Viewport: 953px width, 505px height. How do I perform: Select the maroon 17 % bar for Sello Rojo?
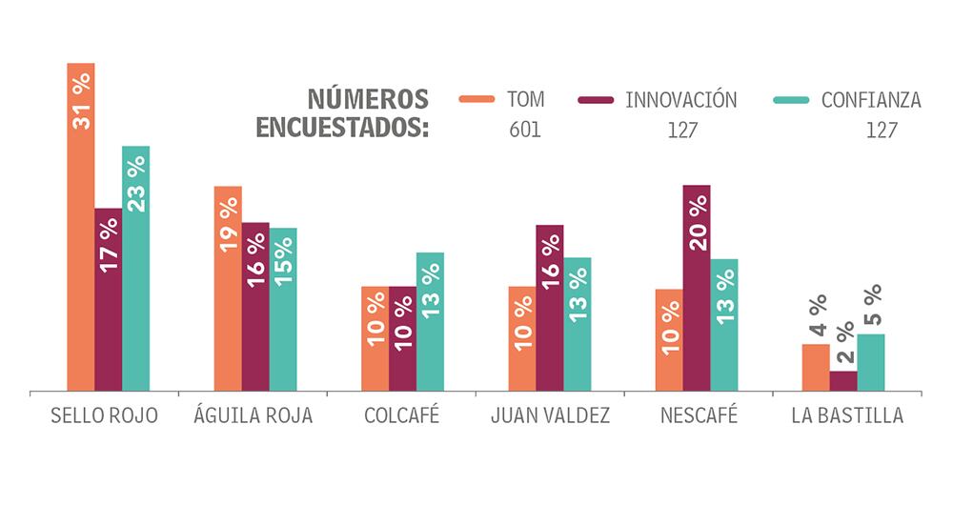click(x=109, y=299)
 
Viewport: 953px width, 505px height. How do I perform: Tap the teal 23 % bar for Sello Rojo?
click(x=136, y=269)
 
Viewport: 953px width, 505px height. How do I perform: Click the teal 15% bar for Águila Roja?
click(x=283, y=309)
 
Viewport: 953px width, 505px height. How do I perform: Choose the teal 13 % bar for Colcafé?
click(x=430, y=321)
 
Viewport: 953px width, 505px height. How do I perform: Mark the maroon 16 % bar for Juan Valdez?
click(x=550, y=308)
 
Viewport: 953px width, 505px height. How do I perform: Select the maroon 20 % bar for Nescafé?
click(x=697, y=288)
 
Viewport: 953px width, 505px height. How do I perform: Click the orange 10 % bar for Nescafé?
click(x=669, y=339)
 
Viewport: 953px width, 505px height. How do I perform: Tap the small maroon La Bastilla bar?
click(x=843, y=381)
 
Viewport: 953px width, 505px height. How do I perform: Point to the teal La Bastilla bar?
click(x=871, y=362)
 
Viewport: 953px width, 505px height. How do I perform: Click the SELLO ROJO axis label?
click(x=104, y=416)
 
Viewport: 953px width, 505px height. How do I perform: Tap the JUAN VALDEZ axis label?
click(x=550, y=416)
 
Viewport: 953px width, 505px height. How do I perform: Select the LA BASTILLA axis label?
click(x=847, y=416)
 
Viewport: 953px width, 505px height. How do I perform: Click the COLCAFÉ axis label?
click(x=401, y=416)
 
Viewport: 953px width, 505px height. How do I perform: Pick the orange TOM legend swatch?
click(x=476, y=98)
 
